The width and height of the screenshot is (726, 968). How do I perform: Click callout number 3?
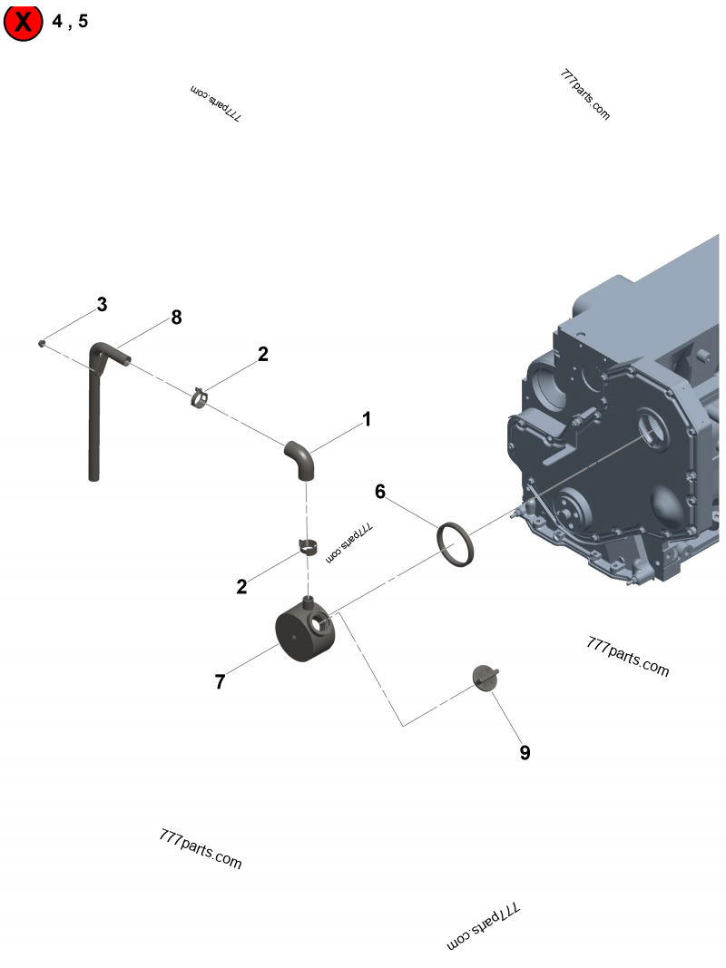pyautogui.click(x=102, y=305)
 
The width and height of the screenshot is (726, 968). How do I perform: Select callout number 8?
pyautogui.click(x=176, y=318)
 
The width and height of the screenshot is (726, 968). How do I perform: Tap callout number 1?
pyautogui.click(x=367, y=419)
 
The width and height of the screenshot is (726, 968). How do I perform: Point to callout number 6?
pyautogui.click(x=380, y=492)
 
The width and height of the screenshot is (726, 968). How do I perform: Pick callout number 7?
pyautogui.click(x=220, y=682)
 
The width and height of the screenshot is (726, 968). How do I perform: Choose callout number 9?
pyautogui.click(x=525, y=752)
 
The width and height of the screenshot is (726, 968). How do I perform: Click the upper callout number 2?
pyautogui.click(x=262, y=355)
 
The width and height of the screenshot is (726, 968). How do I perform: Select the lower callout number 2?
pyautogui.click(x=241, y=587)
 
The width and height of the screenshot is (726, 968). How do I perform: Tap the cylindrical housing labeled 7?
pyautogui.click(x=303, y=635)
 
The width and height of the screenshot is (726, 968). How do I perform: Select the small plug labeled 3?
pyautogui.click(x=43, y=343)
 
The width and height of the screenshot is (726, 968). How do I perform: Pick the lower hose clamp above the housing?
pyautogui.click(x=308, y=548)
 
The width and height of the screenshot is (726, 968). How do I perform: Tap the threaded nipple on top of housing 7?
pyautogui.click(x=309, y=601)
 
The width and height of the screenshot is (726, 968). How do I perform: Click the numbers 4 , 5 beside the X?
pyautogui.click(x=70, y=23)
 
